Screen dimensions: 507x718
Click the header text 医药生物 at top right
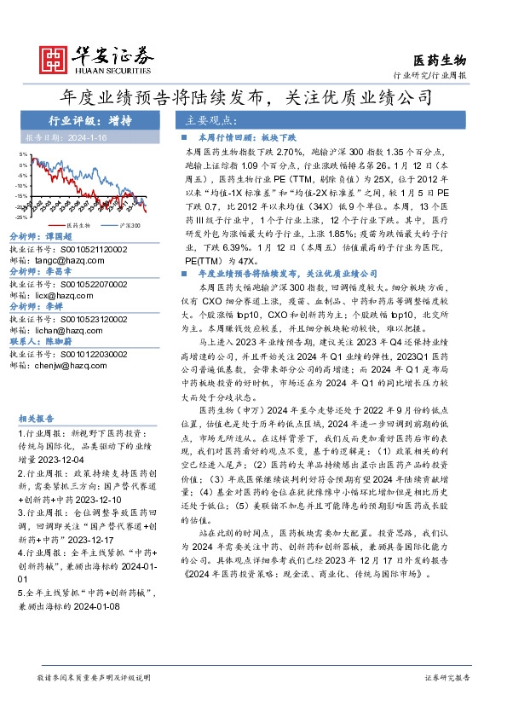point(440,60)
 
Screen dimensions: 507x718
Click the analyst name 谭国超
point(57,238)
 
